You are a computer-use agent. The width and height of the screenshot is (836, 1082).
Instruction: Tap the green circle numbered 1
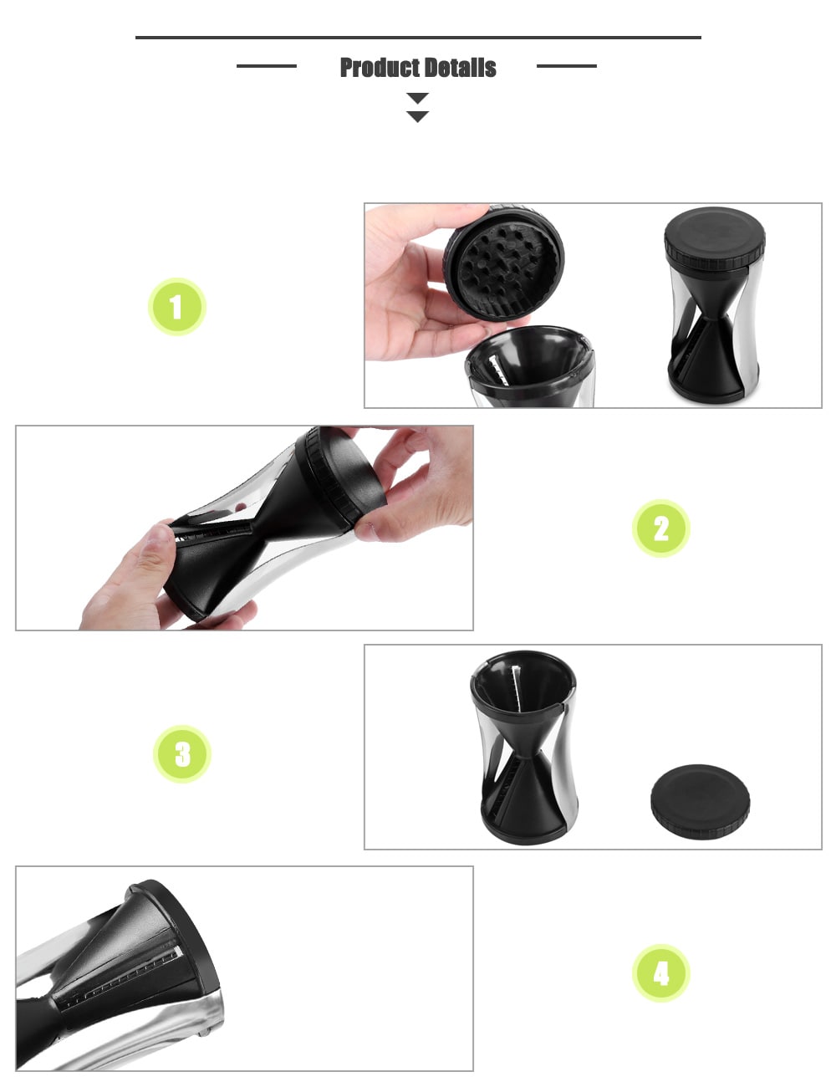click(176, 307)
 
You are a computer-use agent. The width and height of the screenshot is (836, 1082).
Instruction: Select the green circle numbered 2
click(660, 528)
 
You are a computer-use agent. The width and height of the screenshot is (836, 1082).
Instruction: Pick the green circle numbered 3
click(182, 754)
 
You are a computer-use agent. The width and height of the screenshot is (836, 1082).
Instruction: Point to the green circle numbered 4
click(660, 974)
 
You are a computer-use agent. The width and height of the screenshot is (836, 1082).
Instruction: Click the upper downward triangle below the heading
click(417, 98)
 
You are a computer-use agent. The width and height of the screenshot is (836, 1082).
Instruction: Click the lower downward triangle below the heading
click(417, 117)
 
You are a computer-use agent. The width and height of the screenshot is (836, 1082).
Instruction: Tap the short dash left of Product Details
click(267, 65)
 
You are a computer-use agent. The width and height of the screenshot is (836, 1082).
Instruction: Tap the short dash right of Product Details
click(566, 65)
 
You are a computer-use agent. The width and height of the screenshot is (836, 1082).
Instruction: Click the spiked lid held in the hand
click(504, 262)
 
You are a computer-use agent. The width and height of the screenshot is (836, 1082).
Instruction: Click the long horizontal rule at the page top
click(418, 37)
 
